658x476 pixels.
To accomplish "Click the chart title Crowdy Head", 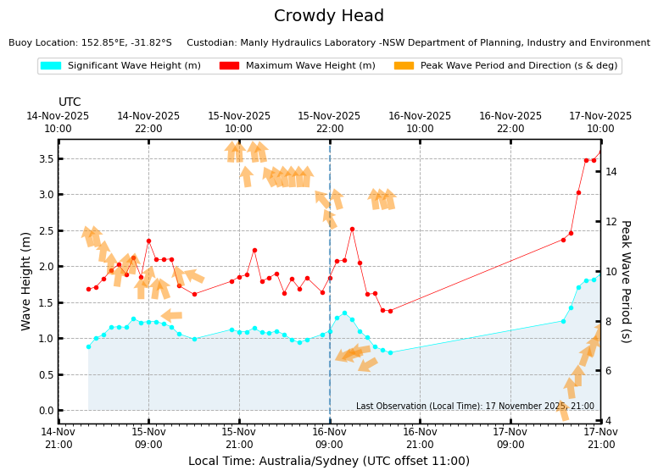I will point(329,16).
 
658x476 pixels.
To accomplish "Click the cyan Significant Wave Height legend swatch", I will point(51,65).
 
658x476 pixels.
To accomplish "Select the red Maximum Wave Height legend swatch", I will point(229,65).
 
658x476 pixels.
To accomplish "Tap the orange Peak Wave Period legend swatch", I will point(404,65).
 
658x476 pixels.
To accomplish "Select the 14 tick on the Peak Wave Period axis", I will point(611,172).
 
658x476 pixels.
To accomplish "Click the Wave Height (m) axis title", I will point(26,280).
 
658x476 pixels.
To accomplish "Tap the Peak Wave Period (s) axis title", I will point(625,281).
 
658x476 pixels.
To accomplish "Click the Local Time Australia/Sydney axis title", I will point(329,462).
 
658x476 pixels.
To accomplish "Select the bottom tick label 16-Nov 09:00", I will point(329,438).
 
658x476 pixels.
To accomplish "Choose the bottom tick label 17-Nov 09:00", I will point(510,438).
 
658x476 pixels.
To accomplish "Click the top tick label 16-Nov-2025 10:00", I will point(420,123).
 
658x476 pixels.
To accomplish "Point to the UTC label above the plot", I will point(70,102).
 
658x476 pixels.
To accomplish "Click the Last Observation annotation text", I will point(475,407).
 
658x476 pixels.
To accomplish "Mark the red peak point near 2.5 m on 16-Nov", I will point(352,229).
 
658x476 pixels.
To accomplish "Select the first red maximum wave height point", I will point(88,289).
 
